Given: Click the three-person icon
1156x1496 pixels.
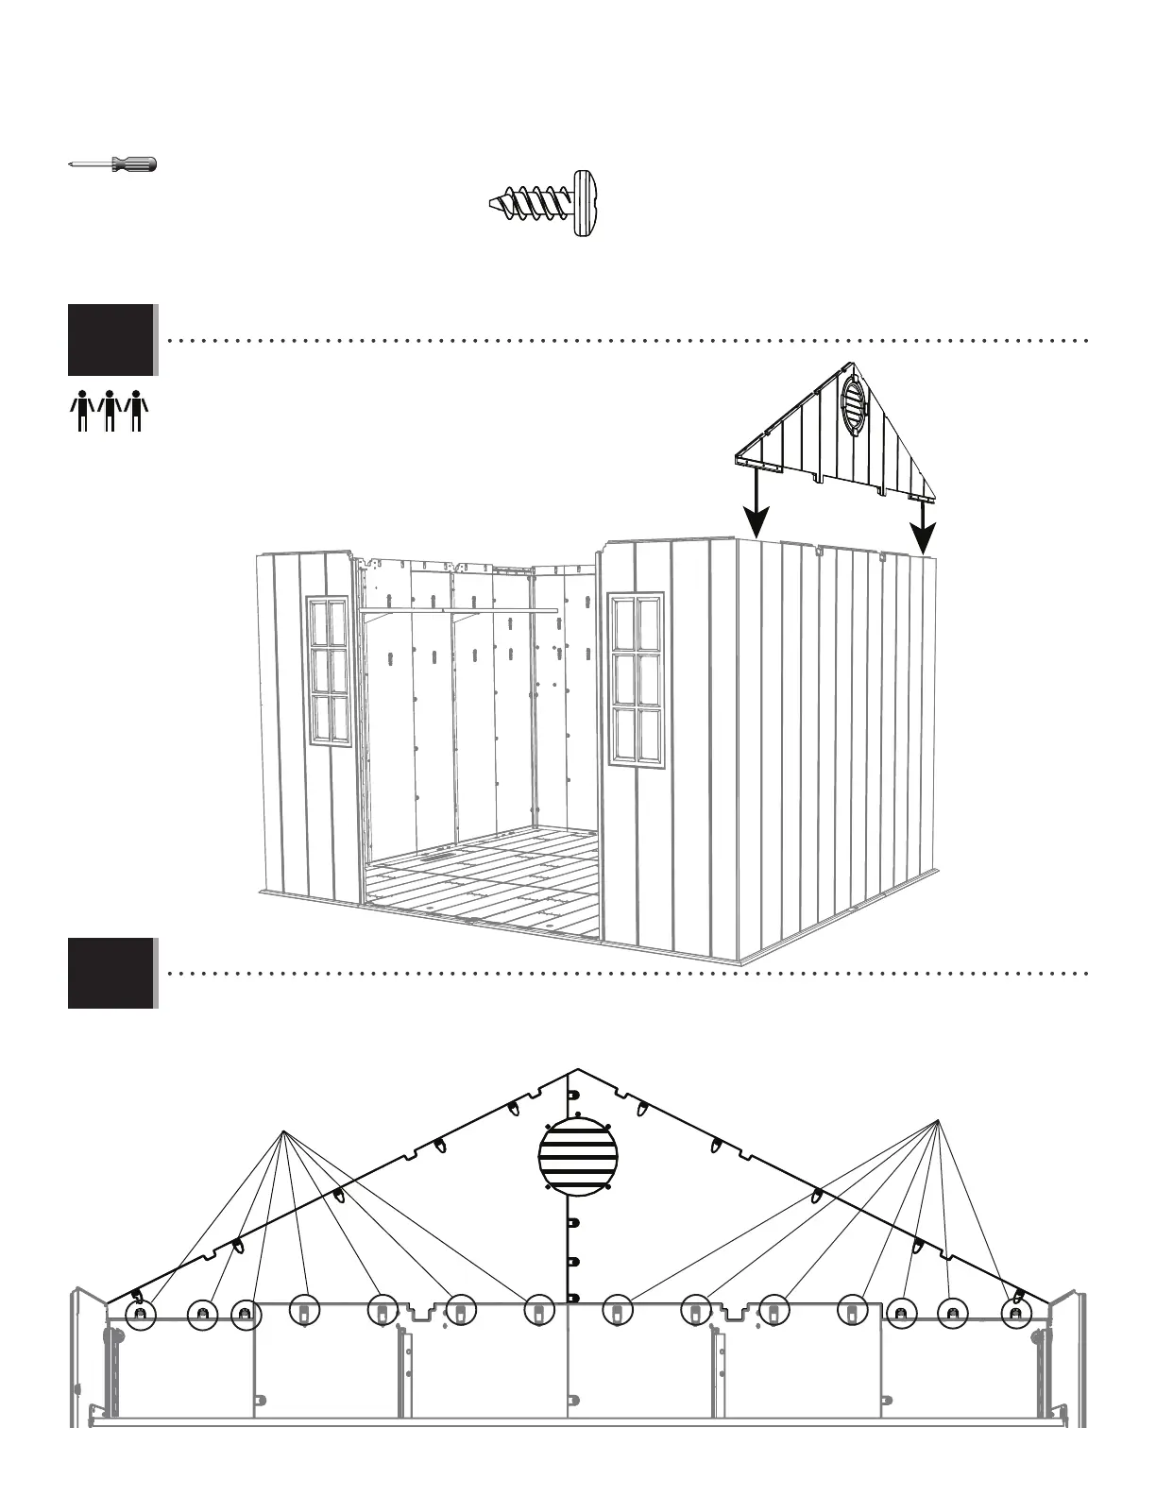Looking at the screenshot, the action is pos(110,411).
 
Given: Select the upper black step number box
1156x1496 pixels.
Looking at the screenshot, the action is pos(110,339).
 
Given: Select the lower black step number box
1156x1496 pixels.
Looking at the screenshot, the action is pos(110,973).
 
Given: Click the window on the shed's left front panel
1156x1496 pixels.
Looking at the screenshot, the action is pos(329,669).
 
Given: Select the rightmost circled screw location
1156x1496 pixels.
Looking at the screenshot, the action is pos(1016,1314).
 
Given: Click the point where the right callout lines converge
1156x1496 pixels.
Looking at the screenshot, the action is pos(938,1120).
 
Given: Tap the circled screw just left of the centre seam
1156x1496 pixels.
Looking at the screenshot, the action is pos(537,1312).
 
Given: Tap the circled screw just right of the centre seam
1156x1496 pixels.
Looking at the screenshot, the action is pos(616,1312).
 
